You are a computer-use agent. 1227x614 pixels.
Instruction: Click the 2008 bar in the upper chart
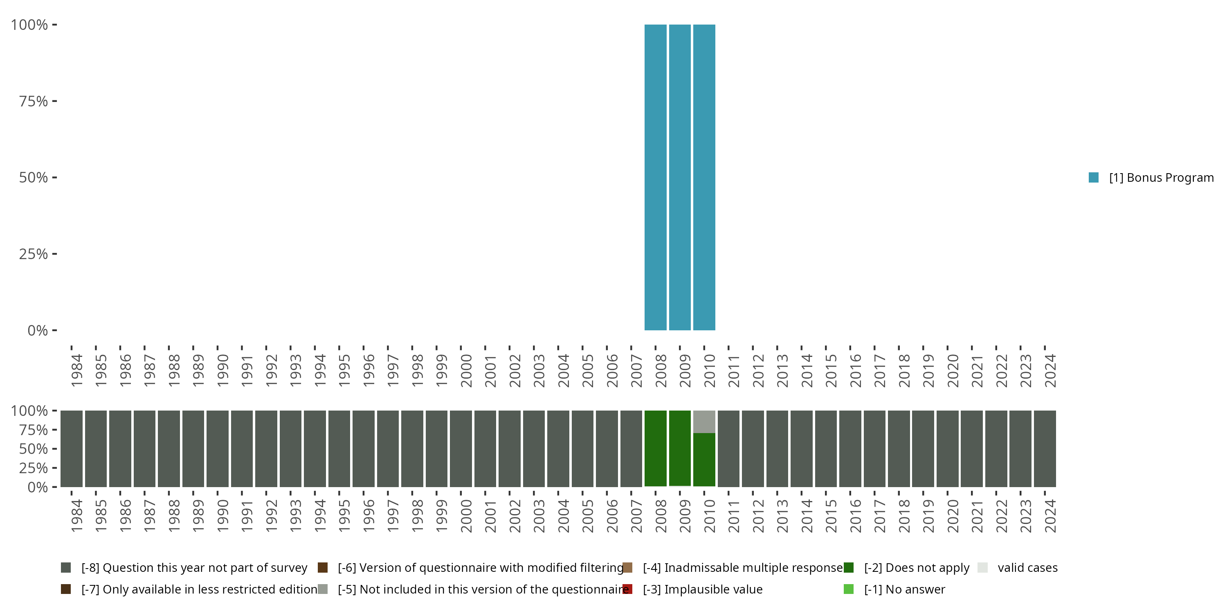[x=655, y=177]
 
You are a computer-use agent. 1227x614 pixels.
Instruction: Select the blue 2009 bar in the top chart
[x=680, y=177]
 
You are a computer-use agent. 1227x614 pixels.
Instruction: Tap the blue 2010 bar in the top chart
[x=704, y=177]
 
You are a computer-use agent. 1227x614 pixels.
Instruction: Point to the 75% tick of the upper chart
[x=34, y=101]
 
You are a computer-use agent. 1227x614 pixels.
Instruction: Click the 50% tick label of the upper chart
[x=34, y=177]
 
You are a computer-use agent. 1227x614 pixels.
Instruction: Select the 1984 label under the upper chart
[x=76, y=370]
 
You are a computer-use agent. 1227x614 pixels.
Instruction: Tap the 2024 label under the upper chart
[x=1050, y=370]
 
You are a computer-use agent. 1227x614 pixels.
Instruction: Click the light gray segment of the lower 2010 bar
[x=704, y=422]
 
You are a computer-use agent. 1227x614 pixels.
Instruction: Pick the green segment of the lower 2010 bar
[x=704, y=460]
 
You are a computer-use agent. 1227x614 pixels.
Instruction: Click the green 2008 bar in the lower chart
[x=655, y=448]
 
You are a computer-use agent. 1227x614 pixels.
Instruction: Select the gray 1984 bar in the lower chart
[x=72, y=448]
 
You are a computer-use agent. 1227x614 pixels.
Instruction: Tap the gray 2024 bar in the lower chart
[x=1045, y=448]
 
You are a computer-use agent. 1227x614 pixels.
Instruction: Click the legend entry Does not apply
[x=917, y=568]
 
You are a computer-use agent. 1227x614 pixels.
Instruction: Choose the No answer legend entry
[x=904, y=589]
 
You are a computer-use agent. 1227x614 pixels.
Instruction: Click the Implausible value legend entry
[x=702, y=589]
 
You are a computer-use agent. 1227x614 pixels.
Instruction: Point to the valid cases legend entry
[x=1027, y=568]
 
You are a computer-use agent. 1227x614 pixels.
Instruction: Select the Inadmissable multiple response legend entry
[x=742, y=568]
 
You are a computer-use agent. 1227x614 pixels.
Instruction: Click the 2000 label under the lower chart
[x=466, y=516]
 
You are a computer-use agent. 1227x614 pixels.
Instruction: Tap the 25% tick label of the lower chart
[x=34, y=467]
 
